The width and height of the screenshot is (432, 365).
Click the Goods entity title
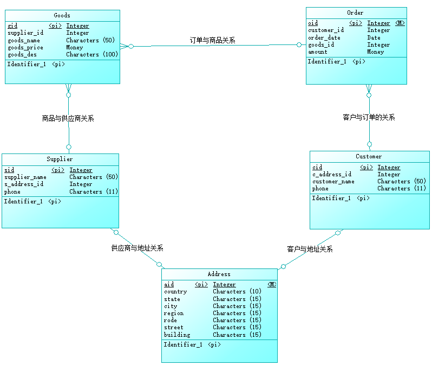(62, 15)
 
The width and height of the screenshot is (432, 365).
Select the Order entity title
(355, 12)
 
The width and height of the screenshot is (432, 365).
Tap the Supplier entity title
(60, 159)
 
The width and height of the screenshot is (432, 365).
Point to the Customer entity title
(369, 156)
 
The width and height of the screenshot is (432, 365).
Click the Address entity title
(219, 274)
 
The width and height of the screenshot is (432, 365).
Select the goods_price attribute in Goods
(25, 47)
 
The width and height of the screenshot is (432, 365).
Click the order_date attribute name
(324, 37)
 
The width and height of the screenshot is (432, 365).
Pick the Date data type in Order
(374, 37)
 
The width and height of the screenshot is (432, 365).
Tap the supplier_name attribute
(25, 177)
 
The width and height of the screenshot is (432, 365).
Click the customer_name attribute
(333, 181)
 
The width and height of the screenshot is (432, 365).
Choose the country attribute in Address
(175, 291)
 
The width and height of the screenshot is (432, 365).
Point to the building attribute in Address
(177, 335)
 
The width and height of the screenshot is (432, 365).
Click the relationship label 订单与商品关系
(212, 40)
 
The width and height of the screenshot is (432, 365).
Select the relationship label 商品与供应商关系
(68, 118)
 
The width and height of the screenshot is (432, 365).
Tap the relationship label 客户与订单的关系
(369, 117)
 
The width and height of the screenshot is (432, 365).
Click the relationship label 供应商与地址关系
(137, 248)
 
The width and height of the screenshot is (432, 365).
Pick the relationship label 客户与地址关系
(310, 249)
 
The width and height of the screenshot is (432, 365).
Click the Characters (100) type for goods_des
(92, 54)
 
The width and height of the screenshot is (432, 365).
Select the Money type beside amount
(375, 52)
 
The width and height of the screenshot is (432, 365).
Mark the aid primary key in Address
(169, 284)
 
